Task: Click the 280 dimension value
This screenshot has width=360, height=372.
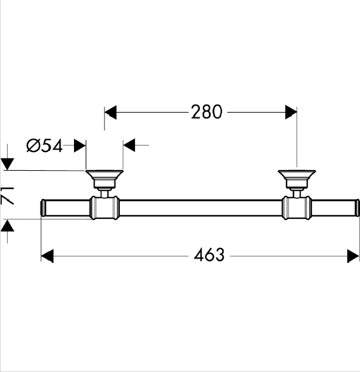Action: [x=207, y=111]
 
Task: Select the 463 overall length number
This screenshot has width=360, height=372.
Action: [x=209, y=255]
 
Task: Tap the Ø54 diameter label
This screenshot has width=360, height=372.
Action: [x=45, y=146]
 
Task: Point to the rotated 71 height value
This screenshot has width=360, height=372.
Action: [x=8, y=196]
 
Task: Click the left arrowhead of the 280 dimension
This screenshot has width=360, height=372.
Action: [x=110, y=113]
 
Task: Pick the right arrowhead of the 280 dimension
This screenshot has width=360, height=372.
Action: [x=291, y=112]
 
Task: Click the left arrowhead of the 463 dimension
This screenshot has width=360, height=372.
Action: [x=47, y=256]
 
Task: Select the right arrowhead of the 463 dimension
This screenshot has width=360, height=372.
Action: [x=353, y=256]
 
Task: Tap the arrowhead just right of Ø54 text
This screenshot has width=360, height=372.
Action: [x=80, y=146]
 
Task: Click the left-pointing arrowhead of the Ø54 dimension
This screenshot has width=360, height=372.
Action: [x=129, y=145]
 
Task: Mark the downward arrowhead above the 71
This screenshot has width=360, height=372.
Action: [x=8, y=164]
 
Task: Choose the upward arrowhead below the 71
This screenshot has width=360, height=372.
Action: [x=8, y=225]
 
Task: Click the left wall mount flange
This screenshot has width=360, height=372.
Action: [x=105, y=178]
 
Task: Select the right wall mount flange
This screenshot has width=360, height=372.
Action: [x=297, y=178]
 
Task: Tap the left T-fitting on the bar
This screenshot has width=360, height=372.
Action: [x=105, y=208]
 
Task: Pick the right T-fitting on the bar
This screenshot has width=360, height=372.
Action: [x=297, y=208]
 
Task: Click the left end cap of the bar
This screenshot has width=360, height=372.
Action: [x=43, y=208]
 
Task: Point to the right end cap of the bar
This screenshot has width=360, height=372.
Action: [x=357, y=208]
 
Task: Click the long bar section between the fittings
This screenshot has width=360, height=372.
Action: [x=201, y=208]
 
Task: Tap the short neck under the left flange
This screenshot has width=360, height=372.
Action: [x=105, y=193]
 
